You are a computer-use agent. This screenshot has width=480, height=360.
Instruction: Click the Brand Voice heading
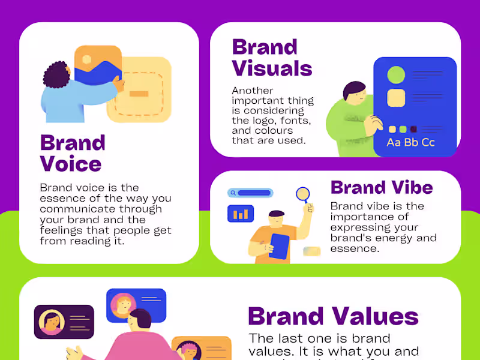click(72, 153)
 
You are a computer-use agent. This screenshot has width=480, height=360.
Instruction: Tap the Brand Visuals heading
click(272, 58)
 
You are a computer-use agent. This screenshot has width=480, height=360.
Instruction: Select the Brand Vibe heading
click(382, 187)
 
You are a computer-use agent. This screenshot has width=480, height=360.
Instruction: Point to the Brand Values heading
click(333, 316)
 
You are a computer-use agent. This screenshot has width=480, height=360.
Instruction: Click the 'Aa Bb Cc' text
click(411, 142)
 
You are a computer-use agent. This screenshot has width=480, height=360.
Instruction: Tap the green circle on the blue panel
click(396, 75)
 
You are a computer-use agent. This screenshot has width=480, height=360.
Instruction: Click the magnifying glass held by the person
click(303, 194)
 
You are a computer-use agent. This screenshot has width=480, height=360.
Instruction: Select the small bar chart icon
click(241, 214)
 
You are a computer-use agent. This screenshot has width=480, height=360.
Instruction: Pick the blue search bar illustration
click(251, 193)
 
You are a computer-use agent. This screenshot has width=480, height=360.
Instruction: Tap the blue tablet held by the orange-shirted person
click(279, 246)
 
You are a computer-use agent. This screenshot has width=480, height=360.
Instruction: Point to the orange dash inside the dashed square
click(139, 94)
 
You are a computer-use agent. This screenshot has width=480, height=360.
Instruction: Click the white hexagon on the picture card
click(87, 59)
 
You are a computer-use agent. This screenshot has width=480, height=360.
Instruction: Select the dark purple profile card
click(64, 322)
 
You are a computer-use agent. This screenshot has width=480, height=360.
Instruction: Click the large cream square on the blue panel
click(396, 98)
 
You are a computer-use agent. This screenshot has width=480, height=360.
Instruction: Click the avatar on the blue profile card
click(124, 304)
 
